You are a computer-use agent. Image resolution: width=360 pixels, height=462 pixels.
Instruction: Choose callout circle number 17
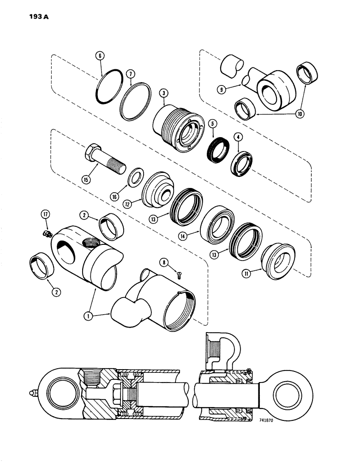(46, 215)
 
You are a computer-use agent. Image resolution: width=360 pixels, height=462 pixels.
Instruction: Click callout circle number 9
(222, 90)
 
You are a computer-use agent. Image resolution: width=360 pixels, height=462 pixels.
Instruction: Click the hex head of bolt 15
(92, 151)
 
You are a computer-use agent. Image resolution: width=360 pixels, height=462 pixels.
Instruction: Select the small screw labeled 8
(179, 275)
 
